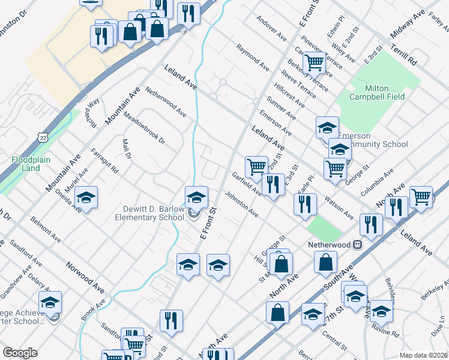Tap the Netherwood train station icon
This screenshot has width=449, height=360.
[358, 245]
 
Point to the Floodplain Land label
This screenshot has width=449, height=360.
[26, 164]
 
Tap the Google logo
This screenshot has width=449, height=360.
[20, 353]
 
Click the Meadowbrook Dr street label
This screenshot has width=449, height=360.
[144, 128]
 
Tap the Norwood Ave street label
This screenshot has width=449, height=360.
[86, 273]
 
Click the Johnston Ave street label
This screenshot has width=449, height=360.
[241, 205]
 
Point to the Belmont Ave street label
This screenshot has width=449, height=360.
[43, 228]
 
